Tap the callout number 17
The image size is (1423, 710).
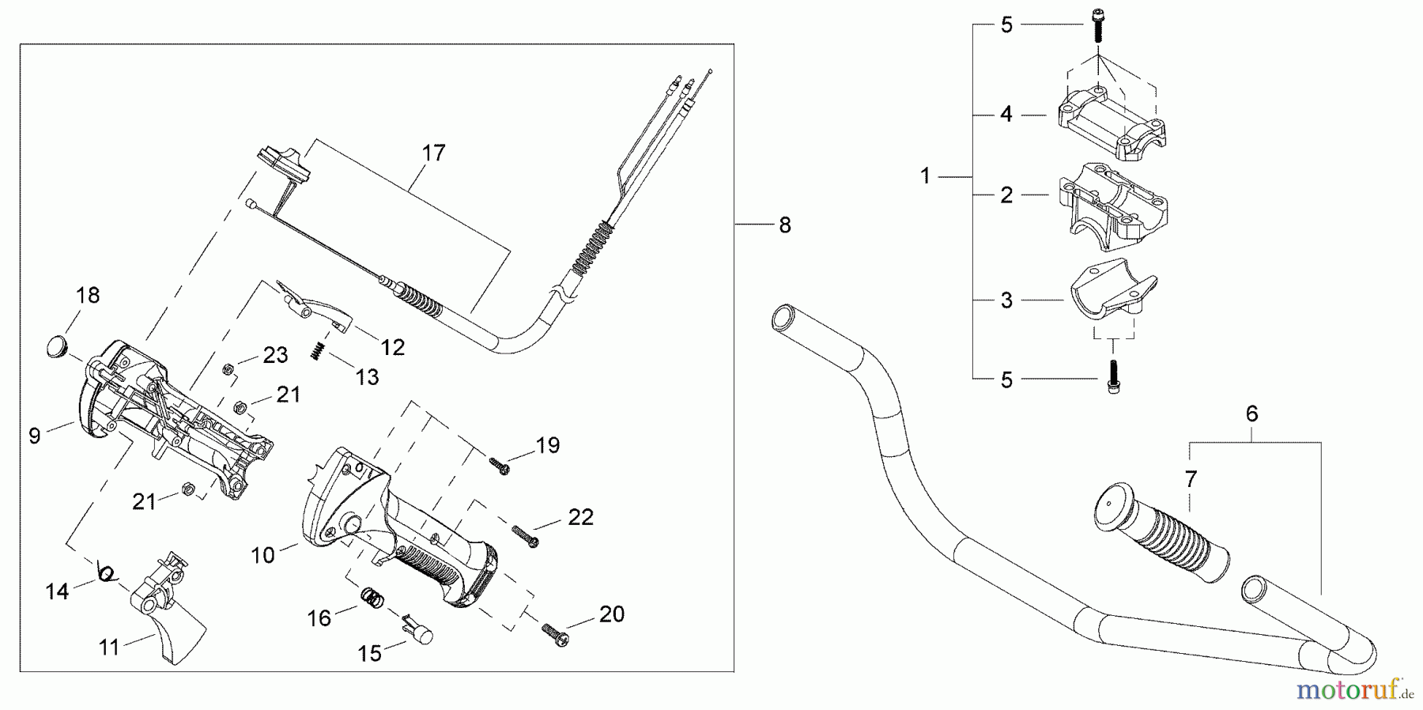pyautogui.click(x=433, y=153)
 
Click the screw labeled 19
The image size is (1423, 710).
pyautogui.click(x=499, y=466)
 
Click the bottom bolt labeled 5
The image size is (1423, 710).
pyautogui.click(x=1115, y=376)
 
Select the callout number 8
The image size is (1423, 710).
pyautogui.click(x=784, y=225)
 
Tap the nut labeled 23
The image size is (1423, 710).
pyautogui.click(x=227, y=368)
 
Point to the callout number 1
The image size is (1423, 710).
pyautogui.click(x=926, y=176)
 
